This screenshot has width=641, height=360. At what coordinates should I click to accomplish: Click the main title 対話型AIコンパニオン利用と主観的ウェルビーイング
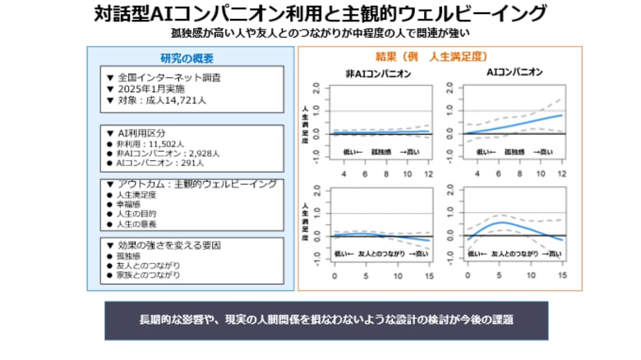[x=320, y=13]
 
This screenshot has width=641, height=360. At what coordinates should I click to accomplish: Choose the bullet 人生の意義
[x=133, y=224]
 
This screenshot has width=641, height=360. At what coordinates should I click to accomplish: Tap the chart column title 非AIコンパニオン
[x=378, y=75]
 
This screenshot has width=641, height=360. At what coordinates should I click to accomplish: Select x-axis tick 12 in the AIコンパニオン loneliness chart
[x=560, y=174]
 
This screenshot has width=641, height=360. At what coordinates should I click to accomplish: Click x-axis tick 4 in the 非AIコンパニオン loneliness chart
[x=344, y=174]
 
